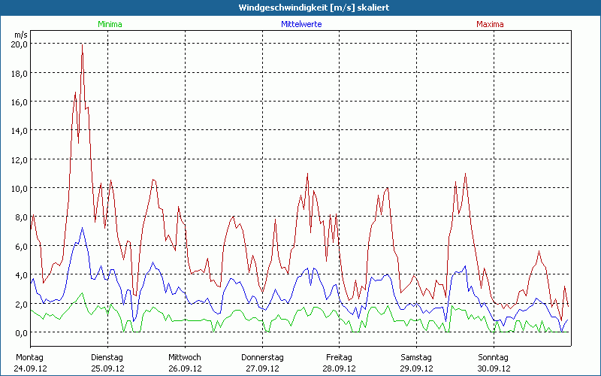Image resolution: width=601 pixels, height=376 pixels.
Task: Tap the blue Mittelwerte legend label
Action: tap(301, 24)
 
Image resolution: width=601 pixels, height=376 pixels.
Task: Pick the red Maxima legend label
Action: tap(491, 24)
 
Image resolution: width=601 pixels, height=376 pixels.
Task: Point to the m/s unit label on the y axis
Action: tap(20, 35)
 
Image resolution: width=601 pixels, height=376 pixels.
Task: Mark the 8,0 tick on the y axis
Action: tap(20, 217)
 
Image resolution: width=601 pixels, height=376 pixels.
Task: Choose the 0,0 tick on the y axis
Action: tap(20, 332)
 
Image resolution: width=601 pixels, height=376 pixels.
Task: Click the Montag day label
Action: tap(29, 357)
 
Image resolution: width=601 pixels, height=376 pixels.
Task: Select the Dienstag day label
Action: tap(106, 357)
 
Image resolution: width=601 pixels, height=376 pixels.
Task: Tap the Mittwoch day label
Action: tap(185, 357)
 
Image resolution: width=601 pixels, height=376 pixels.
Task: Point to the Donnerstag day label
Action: tap(262, 357)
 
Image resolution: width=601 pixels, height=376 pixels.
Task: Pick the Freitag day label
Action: tap(340, 357)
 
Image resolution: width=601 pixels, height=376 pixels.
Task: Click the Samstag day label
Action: tap(416, 357)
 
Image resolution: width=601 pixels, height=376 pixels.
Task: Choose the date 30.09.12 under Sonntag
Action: tap(493, 368)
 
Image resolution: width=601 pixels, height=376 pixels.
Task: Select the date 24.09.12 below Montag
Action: tap(30, 368)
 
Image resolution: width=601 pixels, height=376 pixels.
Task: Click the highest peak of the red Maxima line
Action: tap(82, 45)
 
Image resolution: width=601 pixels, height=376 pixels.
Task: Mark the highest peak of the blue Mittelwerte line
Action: tap(82, 227)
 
